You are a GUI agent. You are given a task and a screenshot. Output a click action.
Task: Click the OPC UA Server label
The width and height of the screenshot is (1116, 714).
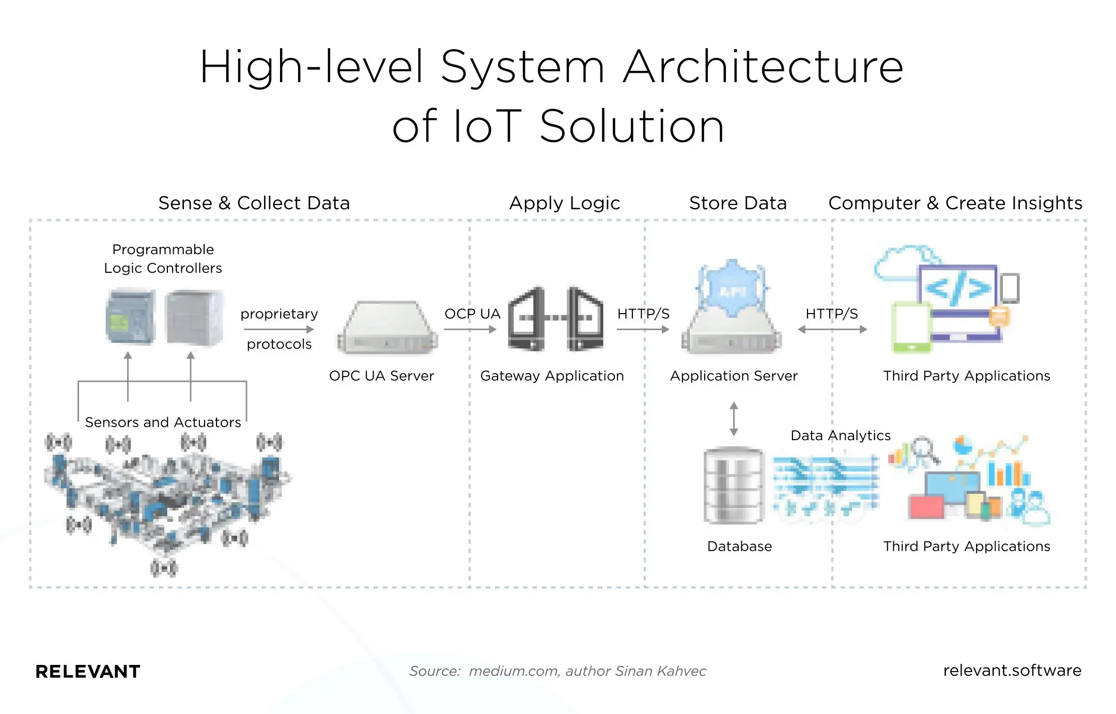pos(381,376)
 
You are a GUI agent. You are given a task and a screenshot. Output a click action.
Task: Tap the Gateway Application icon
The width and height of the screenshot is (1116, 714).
pos(555,319)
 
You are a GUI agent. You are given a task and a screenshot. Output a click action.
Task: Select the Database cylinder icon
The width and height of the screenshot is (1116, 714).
pos(734,486)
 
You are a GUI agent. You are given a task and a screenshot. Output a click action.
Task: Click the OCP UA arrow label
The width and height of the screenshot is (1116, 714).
pos(472,314)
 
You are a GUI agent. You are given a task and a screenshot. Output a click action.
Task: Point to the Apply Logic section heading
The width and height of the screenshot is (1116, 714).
pos(564,203)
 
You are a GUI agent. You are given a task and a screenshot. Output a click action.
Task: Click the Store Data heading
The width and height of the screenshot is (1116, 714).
pos(738,203)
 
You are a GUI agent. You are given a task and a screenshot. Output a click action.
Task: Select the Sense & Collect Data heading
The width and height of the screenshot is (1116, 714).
pos(254,203)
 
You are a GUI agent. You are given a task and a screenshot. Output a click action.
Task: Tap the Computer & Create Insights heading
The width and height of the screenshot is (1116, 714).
pos(955,203)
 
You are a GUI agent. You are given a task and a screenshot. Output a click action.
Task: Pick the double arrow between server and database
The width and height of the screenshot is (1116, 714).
pos(734,419)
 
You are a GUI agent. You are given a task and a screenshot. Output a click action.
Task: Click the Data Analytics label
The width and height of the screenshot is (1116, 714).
pos(841,436)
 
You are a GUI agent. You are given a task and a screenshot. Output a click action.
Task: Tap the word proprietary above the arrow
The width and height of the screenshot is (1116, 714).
pos(279,314)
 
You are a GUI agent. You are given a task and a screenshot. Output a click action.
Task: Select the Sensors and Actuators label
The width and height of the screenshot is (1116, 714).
pos(163,422)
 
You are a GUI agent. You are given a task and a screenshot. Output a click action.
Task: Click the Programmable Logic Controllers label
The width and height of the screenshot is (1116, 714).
pos(163,259)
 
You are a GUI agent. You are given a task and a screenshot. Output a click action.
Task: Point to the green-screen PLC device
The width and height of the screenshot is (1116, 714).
pos(130,317)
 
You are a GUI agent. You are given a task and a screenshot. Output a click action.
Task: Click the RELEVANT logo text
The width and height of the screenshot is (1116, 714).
pos(88,672)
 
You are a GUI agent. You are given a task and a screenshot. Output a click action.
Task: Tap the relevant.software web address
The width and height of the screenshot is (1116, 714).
pos(1012,670)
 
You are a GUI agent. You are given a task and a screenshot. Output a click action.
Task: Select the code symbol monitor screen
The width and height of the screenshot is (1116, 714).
pos(957,288)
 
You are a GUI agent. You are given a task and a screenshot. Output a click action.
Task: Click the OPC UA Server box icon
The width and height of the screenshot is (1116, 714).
pos(388,328)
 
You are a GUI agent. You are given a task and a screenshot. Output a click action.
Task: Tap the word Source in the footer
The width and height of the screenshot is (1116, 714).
pos(434,671)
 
